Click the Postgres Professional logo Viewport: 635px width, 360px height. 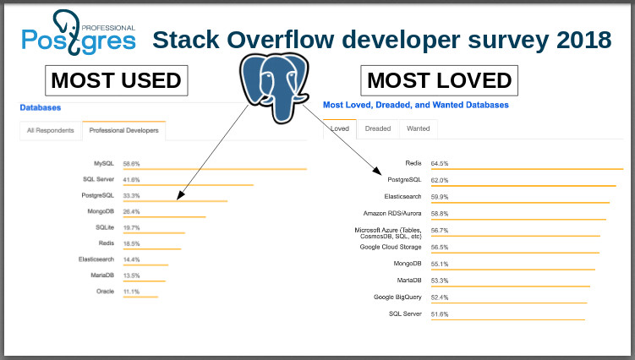coord(79,32)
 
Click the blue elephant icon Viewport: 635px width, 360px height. coord(273,85)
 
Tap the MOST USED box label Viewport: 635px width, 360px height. coord(117,80)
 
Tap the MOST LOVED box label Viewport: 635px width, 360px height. coord(439,80)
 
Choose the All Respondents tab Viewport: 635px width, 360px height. coord(51,130)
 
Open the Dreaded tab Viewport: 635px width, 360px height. coord(377,128)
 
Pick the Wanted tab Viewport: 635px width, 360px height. coord(418,128)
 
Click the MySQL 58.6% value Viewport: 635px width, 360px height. coord(132,163)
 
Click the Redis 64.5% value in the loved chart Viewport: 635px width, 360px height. coord(440,163)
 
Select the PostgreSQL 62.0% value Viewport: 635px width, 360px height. coord(440,180)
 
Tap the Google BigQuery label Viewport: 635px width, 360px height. coord(398,297)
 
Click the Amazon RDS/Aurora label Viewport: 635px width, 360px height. coord(392,213)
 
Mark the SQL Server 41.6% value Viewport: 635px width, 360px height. coord(132,179)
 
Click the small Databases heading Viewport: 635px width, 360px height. coord(40,108)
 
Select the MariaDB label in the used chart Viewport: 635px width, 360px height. coord(101,275)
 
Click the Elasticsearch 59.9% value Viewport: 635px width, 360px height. coord(440,197)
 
